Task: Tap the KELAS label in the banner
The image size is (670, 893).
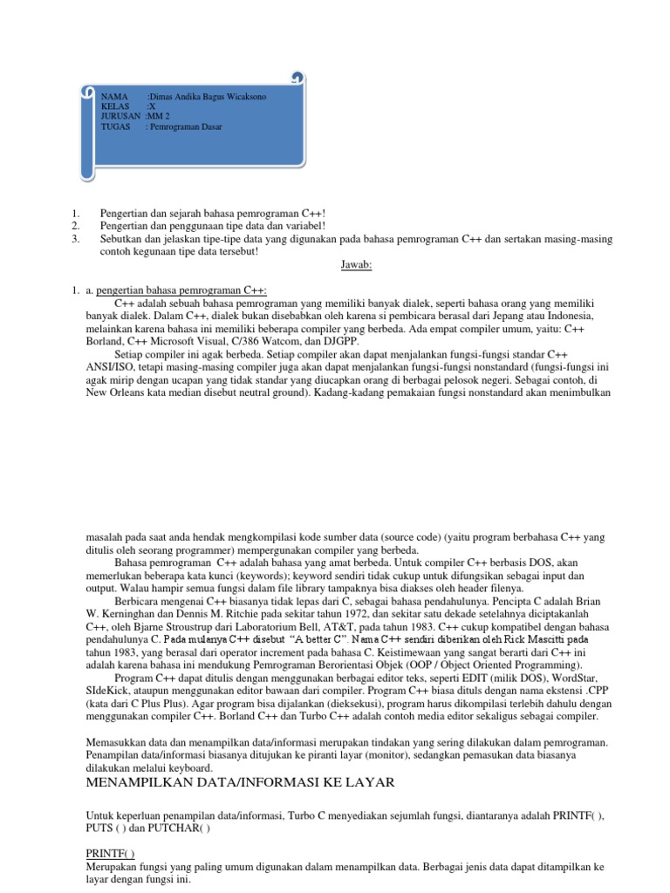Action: coord(114,106)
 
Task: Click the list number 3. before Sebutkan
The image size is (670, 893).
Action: coord(77,238)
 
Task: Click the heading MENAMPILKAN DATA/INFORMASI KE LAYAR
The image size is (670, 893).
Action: coord(240,783)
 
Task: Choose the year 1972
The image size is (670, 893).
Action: coord(432,613)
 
